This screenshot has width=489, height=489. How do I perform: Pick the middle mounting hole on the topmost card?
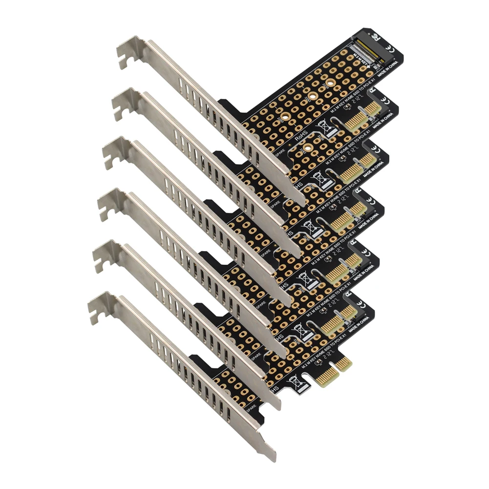tap(310, 96)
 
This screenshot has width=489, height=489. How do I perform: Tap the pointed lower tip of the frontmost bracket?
tap(272, 457)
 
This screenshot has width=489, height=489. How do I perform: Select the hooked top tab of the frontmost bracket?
tap(98, 308)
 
